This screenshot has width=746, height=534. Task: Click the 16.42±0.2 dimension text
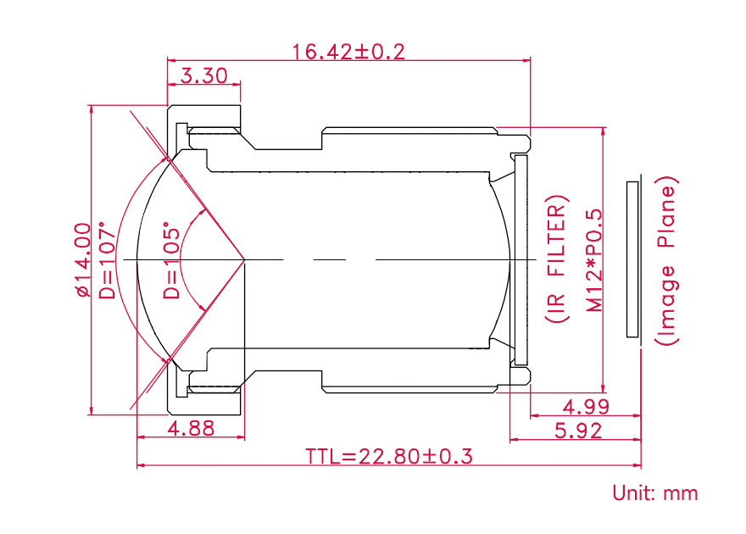(x=348, y=52)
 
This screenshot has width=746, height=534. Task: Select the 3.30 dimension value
(x=204, y=76)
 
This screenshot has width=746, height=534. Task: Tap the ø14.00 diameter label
(x=83, y=259)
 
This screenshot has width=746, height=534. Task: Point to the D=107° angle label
(x=107, y=260)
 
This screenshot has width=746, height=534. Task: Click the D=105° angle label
(x=172, y=260)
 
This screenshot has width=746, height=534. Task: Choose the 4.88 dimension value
(x=191, y=428)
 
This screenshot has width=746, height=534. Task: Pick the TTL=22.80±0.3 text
(x=389, y=457)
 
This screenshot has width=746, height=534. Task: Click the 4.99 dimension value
(x=586, y=407)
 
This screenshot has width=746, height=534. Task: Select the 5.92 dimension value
(x=578, y=431)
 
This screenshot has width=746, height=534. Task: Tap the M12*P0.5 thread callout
(x=594, y=260)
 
